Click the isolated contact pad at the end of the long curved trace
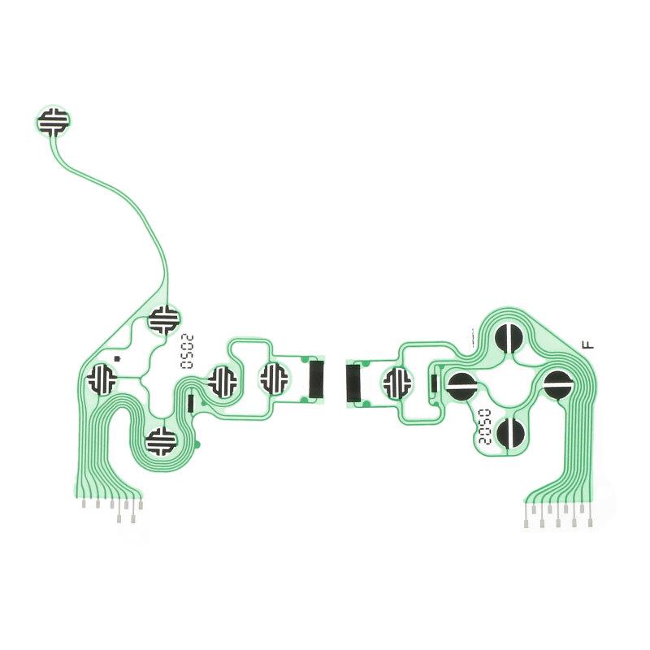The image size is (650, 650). pyautogui.click(x=53, y=121)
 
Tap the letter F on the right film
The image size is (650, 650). pyautogui.click(x=588, y=344)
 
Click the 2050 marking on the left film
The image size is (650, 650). pyautogui.click(x=188, y=352)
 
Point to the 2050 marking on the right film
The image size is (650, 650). pyautogui.click(x=484, y=427)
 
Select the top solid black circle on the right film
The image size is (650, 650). pyautogui.click(x=509, y=337)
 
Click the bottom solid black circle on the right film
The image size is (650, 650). pyautogui.click(x=510, y=432)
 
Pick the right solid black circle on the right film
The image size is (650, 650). pyautogui.click(x=558, y=384)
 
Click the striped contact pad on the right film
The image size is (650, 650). pyautogui.click(x=398, y=383)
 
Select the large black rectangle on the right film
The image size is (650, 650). pyautogui.click(x=353, y=383)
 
